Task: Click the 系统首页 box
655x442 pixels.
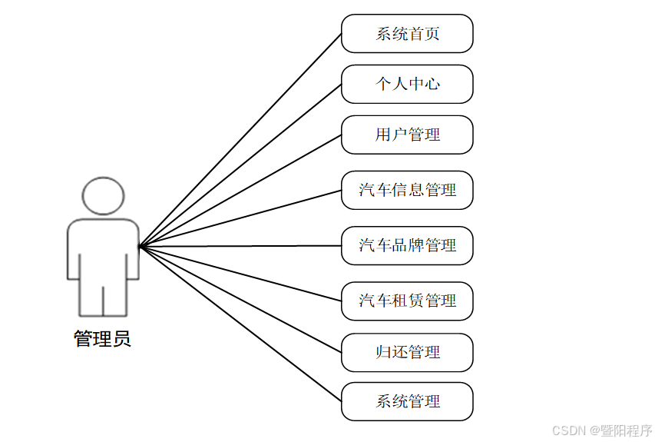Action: (407, 34)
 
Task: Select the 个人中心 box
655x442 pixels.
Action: (407, 84)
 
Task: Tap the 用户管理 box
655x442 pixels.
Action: (407, 135)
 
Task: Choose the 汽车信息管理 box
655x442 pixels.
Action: (407, 190)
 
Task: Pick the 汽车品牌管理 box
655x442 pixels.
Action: (407, 245)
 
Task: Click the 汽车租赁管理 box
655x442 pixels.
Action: (407, 301)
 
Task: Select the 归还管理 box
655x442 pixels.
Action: (407, 353)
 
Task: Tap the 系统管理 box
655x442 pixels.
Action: (407, 401)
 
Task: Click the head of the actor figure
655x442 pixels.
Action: (103, 196)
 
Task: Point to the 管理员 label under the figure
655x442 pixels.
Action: (102, 339)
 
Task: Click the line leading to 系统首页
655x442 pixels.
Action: (240, 140)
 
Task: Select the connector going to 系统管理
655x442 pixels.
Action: (240, 324)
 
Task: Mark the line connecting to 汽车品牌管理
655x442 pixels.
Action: (240, 246)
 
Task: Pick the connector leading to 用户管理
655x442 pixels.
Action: (240, 191)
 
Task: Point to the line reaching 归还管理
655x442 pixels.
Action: (240, 299)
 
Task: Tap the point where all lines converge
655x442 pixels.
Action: (139, 247)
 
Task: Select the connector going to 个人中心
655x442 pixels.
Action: (240, 165)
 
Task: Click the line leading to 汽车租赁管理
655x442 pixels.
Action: (240, 273)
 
